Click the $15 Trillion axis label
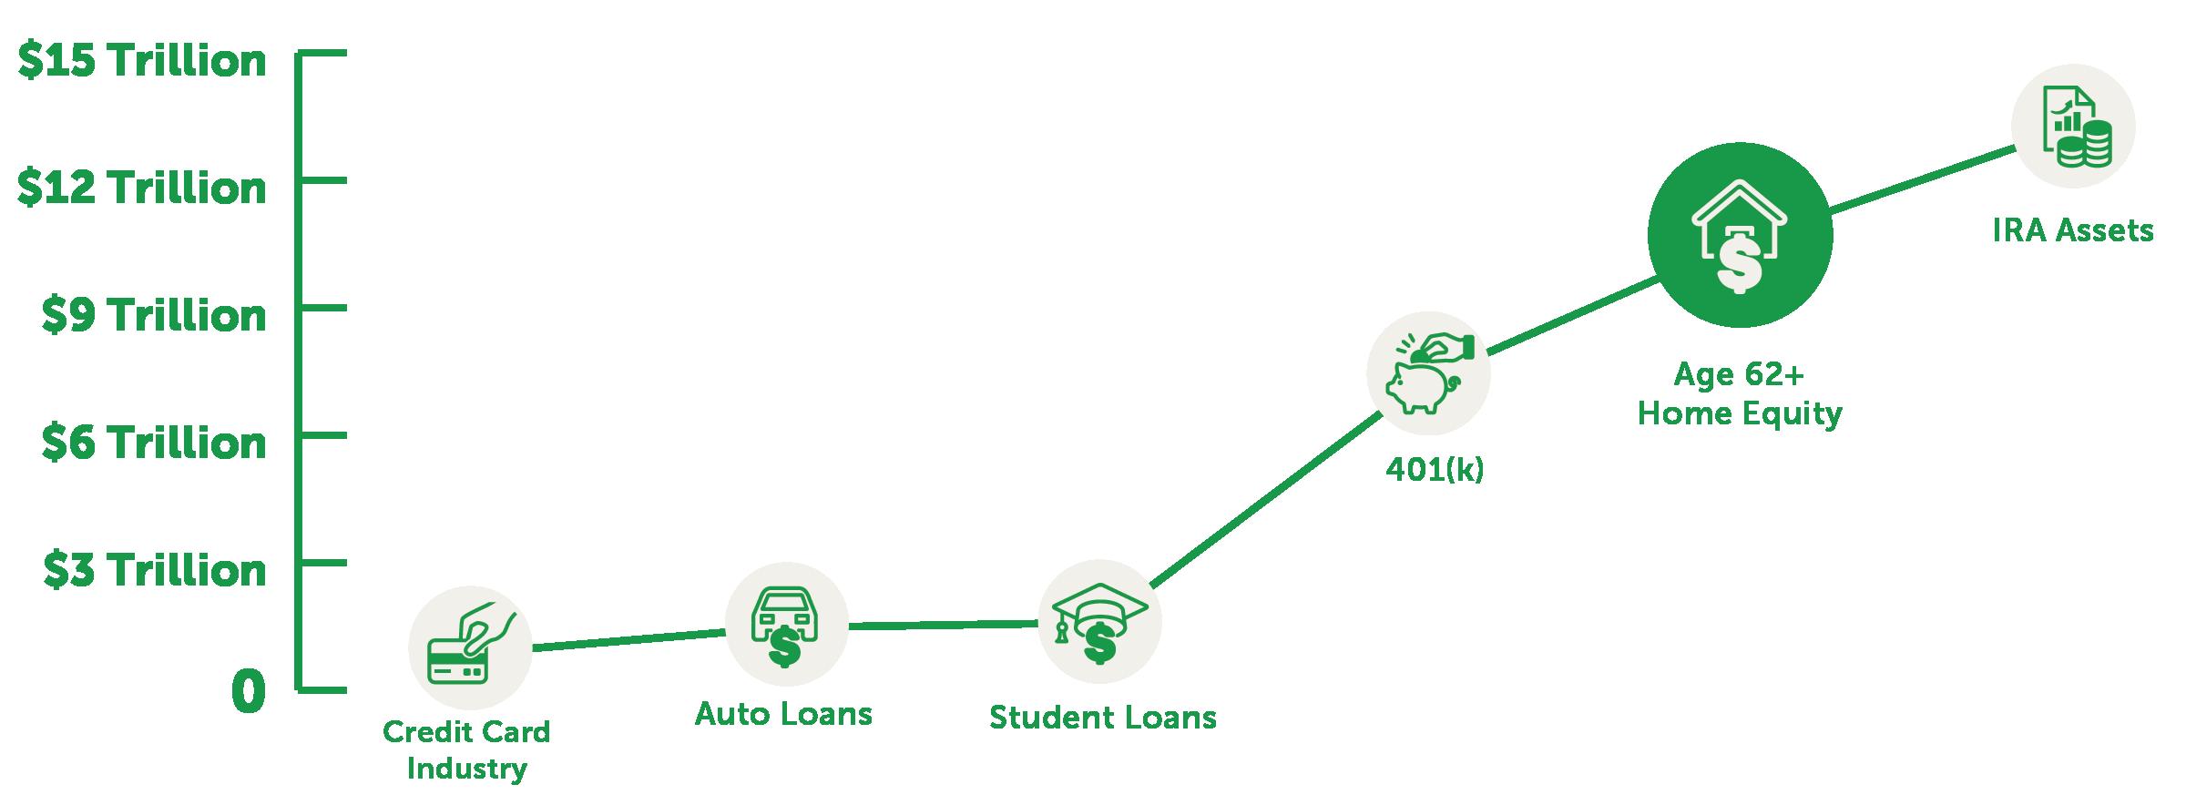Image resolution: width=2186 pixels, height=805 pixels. click(142, 61)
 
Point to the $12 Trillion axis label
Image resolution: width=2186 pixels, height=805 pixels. click(142, 189)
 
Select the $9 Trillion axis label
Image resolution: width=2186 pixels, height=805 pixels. click(153, 316)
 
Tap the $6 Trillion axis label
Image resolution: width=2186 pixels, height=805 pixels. click(153, 443)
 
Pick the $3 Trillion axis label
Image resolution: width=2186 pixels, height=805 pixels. click(153, 571)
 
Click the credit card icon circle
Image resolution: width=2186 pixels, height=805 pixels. click(470, 648)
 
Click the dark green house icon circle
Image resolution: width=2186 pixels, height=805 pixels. click(1739, 236)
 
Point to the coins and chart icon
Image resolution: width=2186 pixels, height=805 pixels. click(2073, 127)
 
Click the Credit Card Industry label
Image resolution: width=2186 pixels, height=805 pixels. click(466, 749)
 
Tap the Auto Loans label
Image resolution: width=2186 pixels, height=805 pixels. click(783, 714)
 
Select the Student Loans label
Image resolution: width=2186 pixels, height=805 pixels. click(1102, 718)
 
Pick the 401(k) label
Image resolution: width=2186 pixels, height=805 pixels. click(1434, 469)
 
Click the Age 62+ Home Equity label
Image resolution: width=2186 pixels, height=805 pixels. click(1739, 394)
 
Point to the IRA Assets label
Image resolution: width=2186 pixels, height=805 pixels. click(2072, 230)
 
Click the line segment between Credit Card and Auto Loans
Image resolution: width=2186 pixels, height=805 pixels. click(628, 639)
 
